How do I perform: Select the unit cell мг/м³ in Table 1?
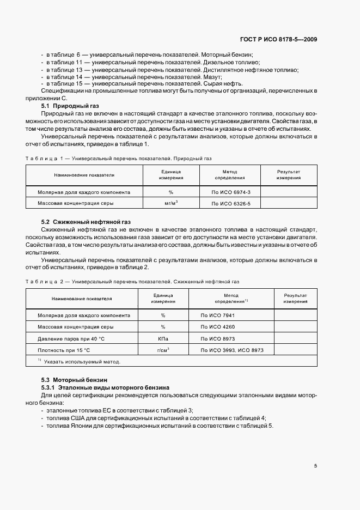(x=171, y=203)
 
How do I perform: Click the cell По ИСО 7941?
(x=218, y=315)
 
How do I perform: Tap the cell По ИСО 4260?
(x=218, y=327)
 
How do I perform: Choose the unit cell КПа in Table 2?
(x=163, y=338)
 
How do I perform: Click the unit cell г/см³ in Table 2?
(x=163, y=350)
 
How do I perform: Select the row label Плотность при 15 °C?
(x=64, y=350)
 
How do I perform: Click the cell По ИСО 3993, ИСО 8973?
(x=232, y=350)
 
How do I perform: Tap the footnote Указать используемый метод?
(x=82, y=361)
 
